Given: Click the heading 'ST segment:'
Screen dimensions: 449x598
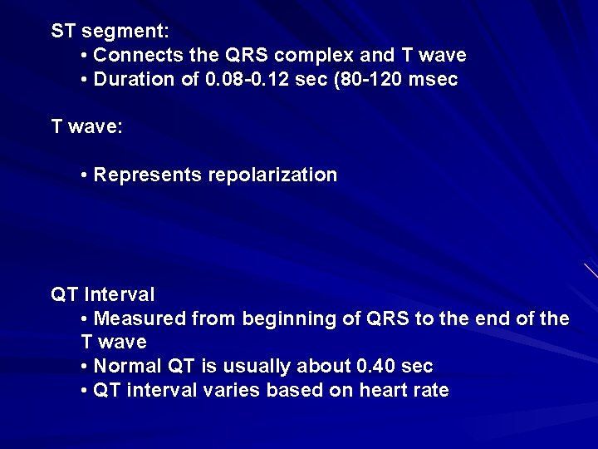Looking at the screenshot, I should [110, 32].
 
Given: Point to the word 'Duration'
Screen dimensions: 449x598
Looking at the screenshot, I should [130, 80].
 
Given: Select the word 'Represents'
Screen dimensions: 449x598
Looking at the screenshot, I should [148, 175].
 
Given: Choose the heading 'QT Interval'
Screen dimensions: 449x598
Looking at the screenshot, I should [103, 294].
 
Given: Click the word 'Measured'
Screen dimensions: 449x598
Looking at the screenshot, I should [140, 318].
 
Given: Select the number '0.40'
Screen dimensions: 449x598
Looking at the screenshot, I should [375, 367].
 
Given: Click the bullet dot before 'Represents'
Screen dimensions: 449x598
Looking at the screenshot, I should [86, 175].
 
